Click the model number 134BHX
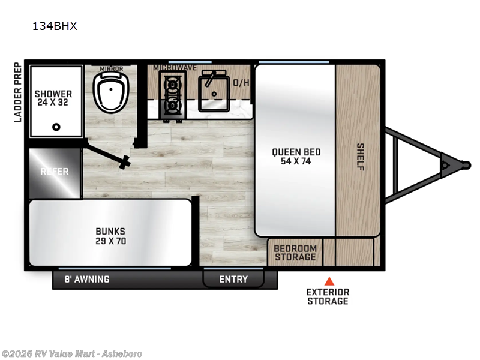(x=55, y=26)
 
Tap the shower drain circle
(x=56, y=127)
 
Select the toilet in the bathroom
(x=111, y=92)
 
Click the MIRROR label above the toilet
(x=112, y=69)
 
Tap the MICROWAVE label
(x=175, y=68)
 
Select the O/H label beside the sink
(x=241, y=83)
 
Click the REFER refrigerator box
(x=55, y=173)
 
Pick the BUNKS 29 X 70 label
(x=110, y=236)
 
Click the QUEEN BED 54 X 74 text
(x=296, y=157)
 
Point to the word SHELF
(x=361, y=157)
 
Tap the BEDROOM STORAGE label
(x=295, y=253)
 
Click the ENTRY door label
(x=233, y=279)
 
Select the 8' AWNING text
(x=87, y=279)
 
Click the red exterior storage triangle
(x=329, y=281)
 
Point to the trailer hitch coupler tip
(x=467, y=165)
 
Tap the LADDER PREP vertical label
(x=18, y=92)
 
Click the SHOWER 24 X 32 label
(x=53, y=98)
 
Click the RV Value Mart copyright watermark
(x=71, y=354)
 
